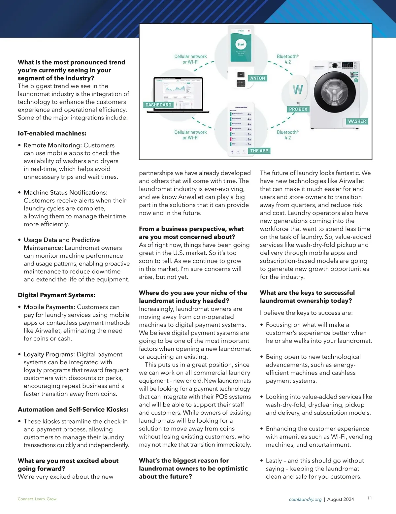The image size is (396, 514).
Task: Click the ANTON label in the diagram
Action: [x=258, y=78]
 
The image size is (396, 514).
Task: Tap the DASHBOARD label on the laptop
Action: [x=158, y=105]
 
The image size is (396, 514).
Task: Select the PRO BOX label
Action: [x=298, y=109]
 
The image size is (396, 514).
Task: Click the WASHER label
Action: [x=357, y=121]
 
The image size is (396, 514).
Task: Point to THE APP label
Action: [x=259, y=151]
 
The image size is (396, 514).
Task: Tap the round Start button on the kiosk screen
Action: [x=241, y=44]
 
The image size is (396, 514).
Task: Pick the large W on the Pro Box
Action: [x=298, y=89]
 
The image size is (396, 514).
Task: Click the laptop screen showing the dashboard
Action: [x=179, y=94]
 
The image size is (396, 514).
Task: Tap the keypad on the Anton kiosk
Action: [x=241, y=83]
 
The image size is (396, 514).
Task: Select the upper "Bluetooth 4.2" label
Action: [x=288, y=59]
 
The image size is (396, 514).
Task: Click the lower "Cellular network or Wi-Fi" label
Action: [x=190, y=135]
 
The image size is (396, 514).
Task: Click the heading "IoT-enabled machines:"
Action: [x=52, y=133]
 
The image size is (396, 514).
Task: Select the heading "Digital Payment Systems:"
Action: [x=56, y=295]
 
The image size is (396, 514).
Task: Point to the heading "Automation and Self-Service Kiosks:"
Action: [x=73, y=409]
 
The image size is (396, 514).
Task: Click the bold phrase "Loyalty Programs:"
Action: [x=49, y=354]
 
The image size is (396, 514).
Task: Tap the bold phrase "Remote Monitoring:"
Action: [x=52, y=145]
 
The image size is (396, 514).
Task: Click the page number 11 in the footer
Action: [x=370, y=498]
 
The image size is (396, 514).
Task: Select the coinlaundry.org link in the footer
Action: [x=305, y=499]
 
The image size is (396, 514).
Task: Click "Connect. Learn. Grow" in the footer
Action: [x=37, y=499]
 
